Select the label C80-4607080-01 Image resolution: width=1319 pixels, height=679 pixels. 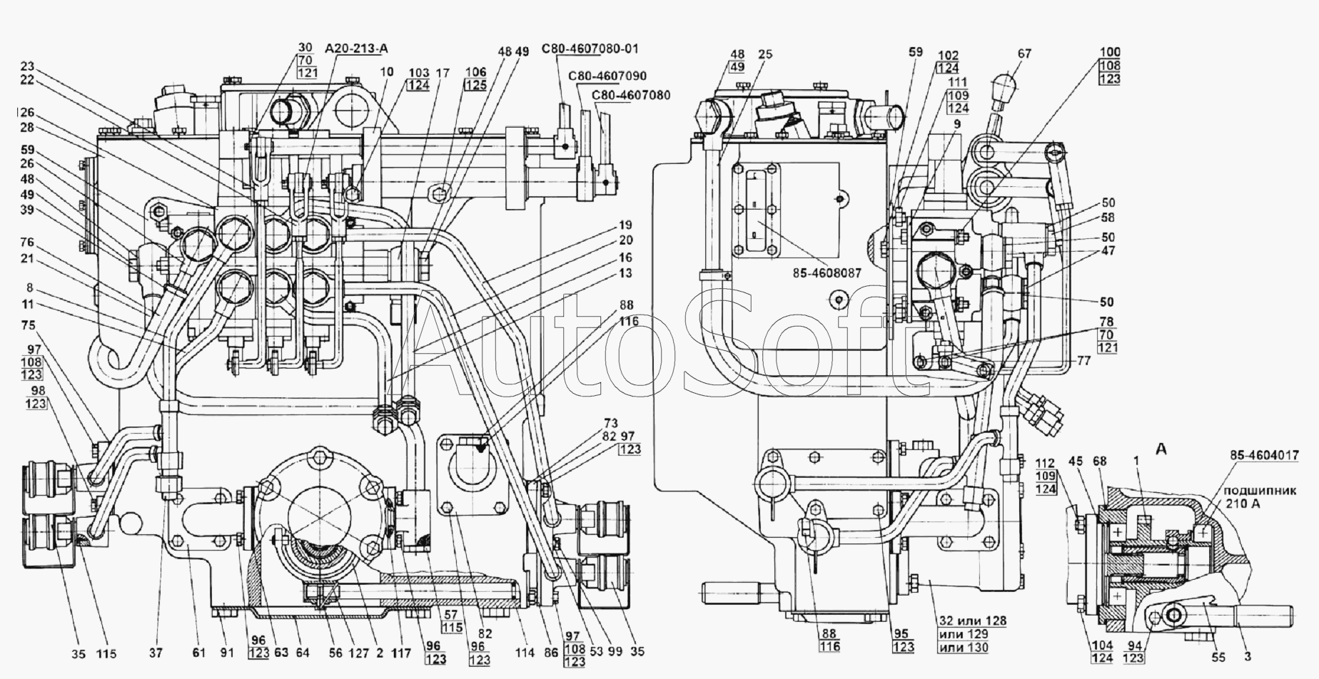tap(590, 48)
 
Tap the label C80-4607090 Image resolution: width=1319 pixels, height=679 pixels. tap(607, 76)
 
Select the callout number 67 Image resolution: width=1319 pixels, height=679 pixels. tap(1024, 53)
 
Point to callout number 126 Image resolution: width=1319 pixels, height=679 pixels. tap(26, 113)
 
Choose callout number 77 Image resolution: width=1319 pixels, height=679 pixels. tap(1083, 361)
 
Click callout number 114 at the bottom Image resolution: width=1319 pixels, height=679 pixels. tap(525, 652)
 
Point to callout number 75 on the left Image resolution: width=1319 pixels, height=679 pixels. tap(27, 325)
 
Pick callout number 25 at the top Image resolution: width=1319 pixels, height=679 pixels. tap(765, 53)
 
